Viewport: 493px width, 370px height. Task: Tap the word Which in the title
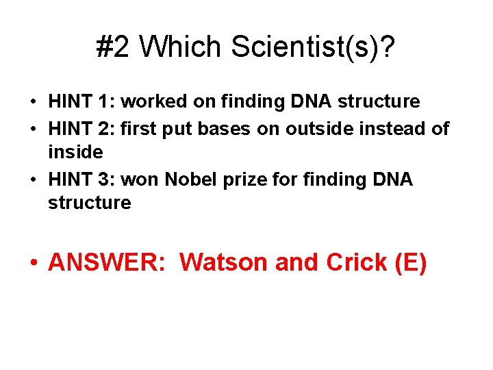pos(181,47)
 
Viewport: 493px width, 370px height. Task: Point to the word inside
pos(75,152)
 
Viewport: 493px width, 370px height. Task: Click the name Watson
pos(226,262)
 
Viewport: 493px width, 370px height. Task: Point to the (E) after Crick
pos(411,262)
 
